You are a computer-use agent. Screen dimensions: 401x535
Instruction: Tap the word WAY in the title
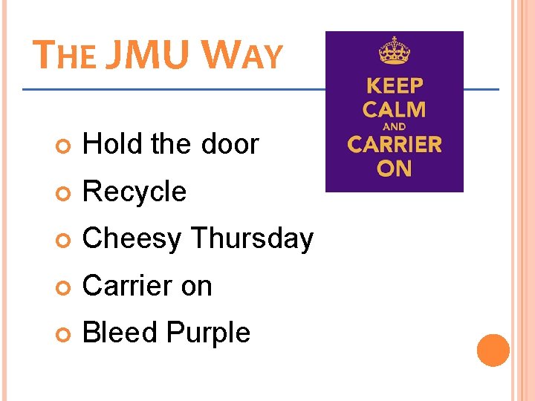pyautogui.click(x=242, y=56)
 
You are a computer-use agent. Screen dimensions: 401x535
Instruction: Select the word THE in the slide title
pyautogui.click(x=65, y=56)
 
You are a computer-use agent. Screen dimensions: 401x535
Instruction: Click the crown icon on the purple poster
pyautogui.click(x=394, y=52)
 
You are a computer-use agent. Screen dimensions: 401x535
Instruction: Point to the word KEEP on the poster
pyautogui.click(x=394, y=86)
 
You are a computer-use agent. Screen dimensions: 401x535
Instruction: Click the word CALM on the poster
pyautogui.click(x=394, y=110)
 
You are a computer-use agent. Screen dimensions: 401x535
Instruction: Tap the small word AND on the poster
pyautogui.click(x=394, y=127)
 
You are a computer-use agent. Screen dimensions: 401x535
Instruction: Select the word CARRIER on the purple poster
pyautogui.click(x=394, y=144)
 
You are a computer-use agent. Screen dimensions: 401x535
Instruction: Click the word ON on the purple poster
pyautogui.click(x=394, y=169)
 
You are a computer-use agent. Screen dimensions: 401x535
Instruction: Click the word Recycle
pyautogui.click(x=134, y=192)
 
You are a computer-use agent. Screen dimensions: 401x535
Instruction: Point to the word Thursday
pyautogui.click(x=252, y=238)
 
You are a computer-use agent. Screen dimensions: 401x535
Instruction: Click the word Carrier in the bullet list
pyautogui.click(x=124, y=285)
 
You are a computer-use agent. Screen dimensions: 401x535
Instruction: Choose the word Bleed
pyautogui.click(x=119, y=332)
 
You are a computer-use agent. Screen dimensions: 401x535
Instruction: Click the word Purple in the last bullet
pyautogui.click(x=209, y=333)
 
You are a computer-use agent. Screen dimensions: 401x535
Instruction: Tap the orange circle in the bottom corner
pyautogui.click(x=493, y=351)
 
